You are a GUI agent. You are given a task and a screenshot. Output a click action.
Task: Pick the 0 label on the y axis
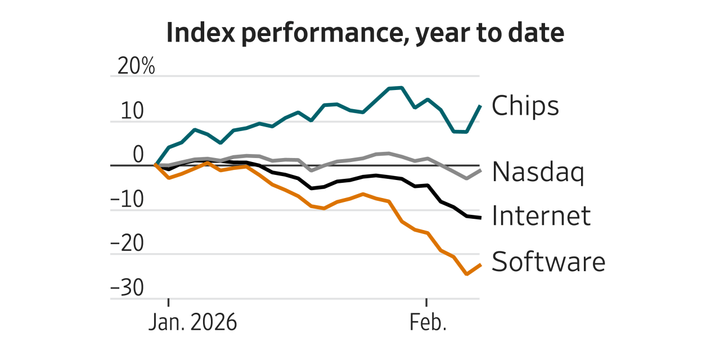click(x=138, y=155)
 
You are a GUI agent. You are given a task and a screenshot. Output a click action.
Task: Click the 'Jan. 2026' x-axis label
click(x=193, y=323)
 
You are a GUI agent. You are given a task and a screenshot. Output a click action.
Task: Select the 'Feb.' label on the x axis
click(x=427, y=323)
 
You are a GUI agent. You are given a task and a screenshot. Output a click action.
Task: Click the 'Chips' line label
click(x=525, y=105)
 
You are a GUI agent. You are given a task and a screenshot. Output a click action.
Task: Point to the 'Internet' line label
click(x=541, y=215)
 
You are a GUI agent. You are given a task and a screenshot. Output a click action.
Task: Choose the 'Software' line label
click(x=548, y=261)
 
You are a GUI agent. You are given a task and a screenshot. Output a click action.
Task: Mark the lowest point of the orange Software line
click(x=467, y=274)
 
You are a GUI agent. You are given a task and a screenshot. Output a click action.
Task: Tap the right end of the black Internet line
click(x=480, y=218)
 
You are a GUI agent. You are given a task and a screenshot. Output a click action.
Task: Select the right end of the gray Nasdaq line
click(x=480, y=170)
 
